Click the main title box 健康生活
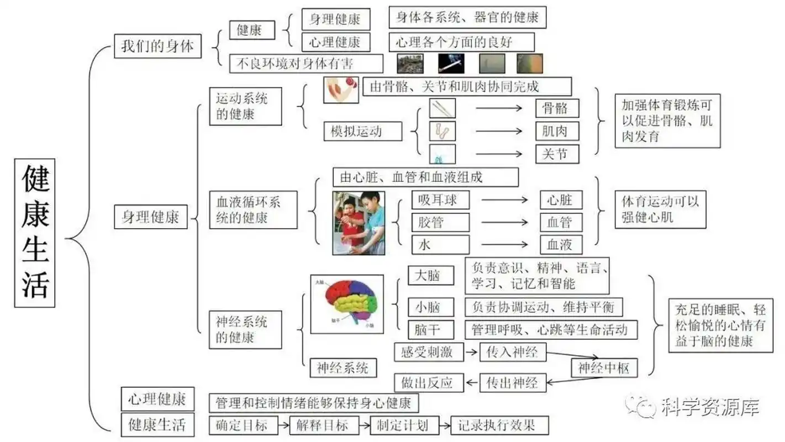(x=35, y=234)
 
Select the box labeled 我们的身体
(x=157, y=46)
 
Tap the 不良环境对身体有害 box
(x=305, y=63)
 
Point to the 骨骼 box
(x=557, y=108)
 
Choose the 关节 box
(x=557, y=154)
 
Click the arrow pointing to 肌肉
(x=499, y=131)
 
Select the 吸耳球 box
(x=440, y=199)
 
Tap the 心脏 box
(x=561, y=199)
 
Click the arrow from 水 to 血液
(x=504, y=244)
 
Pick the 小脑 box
(x=431, y=307)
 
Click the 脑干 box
(x=431, y=330)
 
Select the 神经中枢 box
(x=604, y=368)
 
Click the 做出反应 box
(x=427, y=382)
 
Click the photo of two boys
(x=358, y=223)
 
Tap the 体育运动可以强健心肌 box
(x=660, y=209)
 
